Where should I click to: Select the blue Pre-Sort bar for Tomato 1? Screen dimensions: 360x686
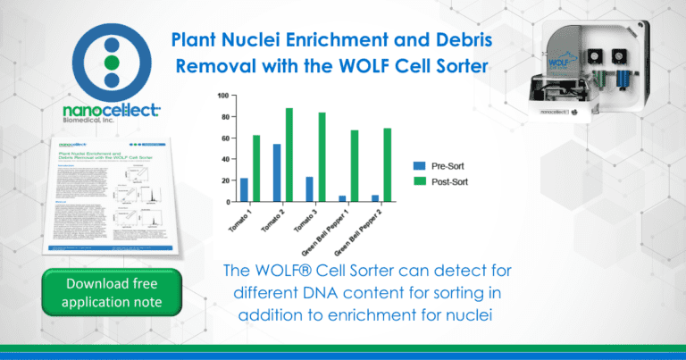(x=244, y=189)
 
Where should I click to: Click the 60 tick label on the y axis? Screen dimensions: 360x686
(x=225, y=138)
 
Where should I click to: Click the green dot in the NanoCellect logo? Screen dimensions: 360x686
(x=111, y=62)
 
